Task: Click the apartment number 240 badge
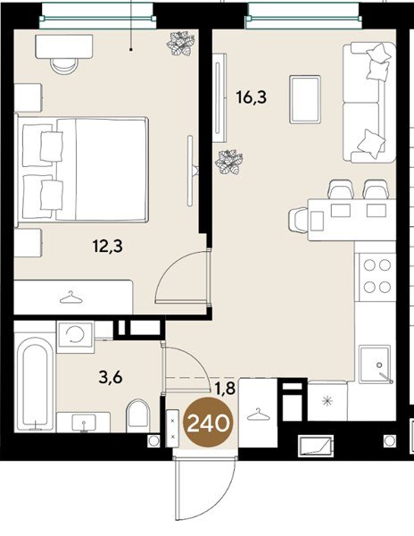(x=208, y=423)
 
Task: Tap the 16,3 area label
(x=252, y=97)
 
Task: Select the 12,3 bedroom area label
(x=107, y=247)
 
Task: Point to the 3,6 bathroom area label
(x=111, y=378)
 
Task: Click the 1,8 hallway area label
(x=225, y=389)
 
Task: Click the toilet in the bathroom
(x=138, y=415)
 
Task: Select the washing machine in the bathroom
(x=75, y=337)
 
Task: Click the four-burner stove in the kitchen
(x=377, y=276)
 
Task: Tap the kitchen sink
(x=376, y=364)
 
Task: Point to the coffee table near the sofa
(x=305, y=99)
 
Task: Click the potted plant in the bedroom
(x=180, y=44)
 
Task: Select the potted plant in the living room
(x=229, y=163)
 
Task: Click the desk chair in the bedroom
(x=64, y=65)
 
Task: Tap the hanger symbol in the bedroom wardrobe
(x=71, y=297)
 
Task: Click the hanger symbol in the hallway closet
(x=258, y=415)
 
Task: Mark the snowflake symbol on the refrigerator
(x=327, y=400)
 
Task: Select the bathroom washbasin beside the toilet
(x=83, y=422)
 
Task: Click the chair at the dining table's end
(x=298, y=220)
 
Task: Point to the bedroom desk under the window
(x=64, y=46)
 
